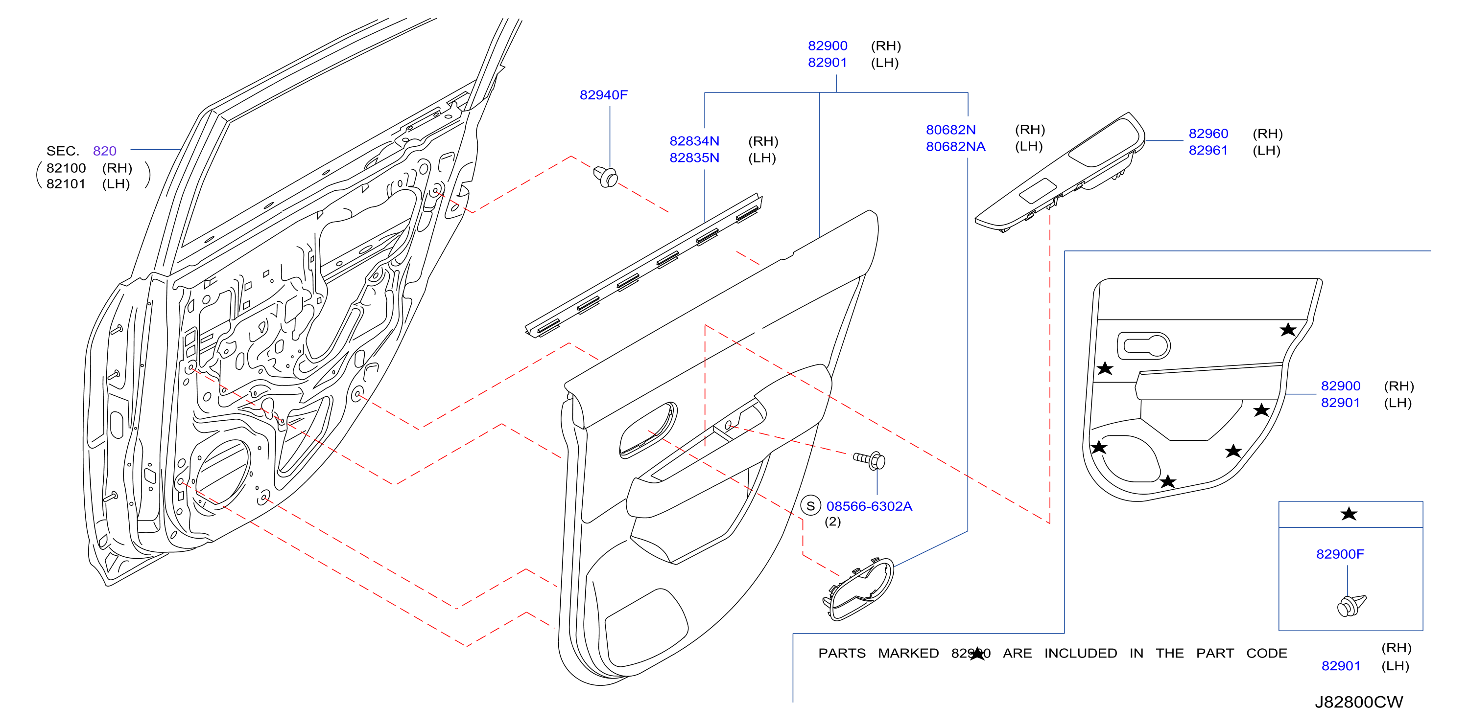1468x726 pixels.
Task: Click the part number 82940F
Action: [603, 95]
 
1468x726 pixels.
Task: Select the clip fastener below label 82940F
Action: [606, 177]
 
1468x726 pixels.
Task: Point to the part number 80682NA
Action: [956, 146]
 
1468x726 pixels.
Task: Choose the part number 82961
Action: [1208, 150]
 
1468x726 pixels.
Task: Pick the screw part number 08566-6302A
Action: [869, 506]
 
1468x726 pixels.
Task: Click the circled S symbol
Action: [810, 506]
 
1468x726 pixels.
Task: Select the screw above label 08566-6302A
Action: [870, 460]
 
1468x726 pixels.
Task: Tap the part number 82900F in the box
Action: [1340, 554]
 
